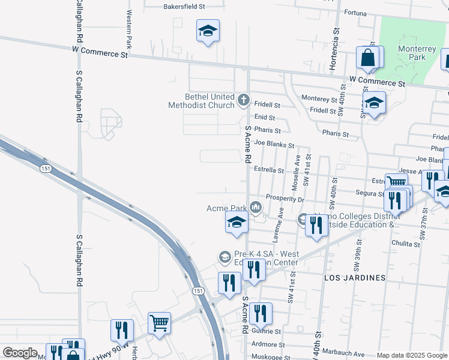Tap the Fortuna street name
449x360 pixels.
coord(359,12)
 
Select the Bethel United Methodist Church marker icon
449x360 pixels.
coord(244,100)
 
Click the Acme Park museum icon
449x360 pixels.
coord(256,208)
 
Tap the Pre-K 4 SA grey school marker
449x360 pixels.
coord(224,257)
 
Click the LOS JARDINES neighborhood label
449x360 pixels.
coord(354,278)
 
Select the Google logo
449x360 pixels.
coord(20,353)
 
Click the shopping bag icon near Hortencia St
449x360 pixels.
coord(367,58)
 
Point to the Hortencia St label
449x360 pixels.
coord(336,38)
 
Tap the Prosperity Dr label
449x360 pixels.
coord(285,199)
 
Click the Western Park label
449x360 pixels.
coord(128,28)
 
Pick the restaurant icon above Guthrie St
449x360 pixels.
coord(260,313)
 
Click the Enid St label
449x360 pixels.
coord(264,118)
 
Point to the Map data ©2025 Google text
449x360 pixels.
coord(412,355)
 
